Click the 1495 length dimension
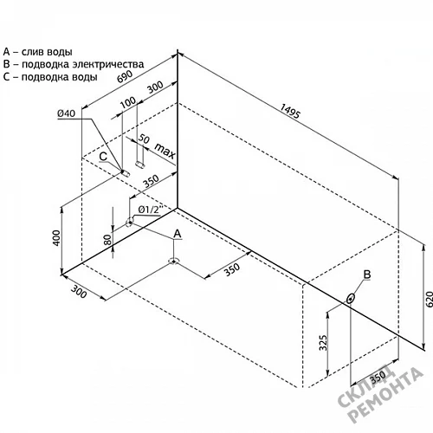coord(290,111)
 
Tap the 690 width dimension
coord(125,76)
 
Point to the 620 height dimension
coord(430,299)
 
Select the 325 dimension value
coord(324,343)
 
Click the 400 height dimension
coord(57,238)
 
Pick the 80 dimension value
coord(107,239)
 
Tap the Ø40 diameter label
coord(66,113)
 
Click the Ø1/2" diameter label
coord(149,210)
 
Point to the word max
coord(165,151)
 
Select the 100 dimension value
coord(127,101)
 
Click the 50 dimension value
coord(144,139)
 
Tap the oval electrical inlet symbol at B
coord(351,298)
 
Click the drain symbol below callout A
coord(173,262)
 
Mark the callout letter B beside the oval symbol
coord(367,275)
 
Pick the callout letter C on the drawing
coord(103,157)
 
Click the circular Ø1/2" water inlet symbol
coord(129,222)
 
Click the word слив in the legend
coord(31,52)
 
